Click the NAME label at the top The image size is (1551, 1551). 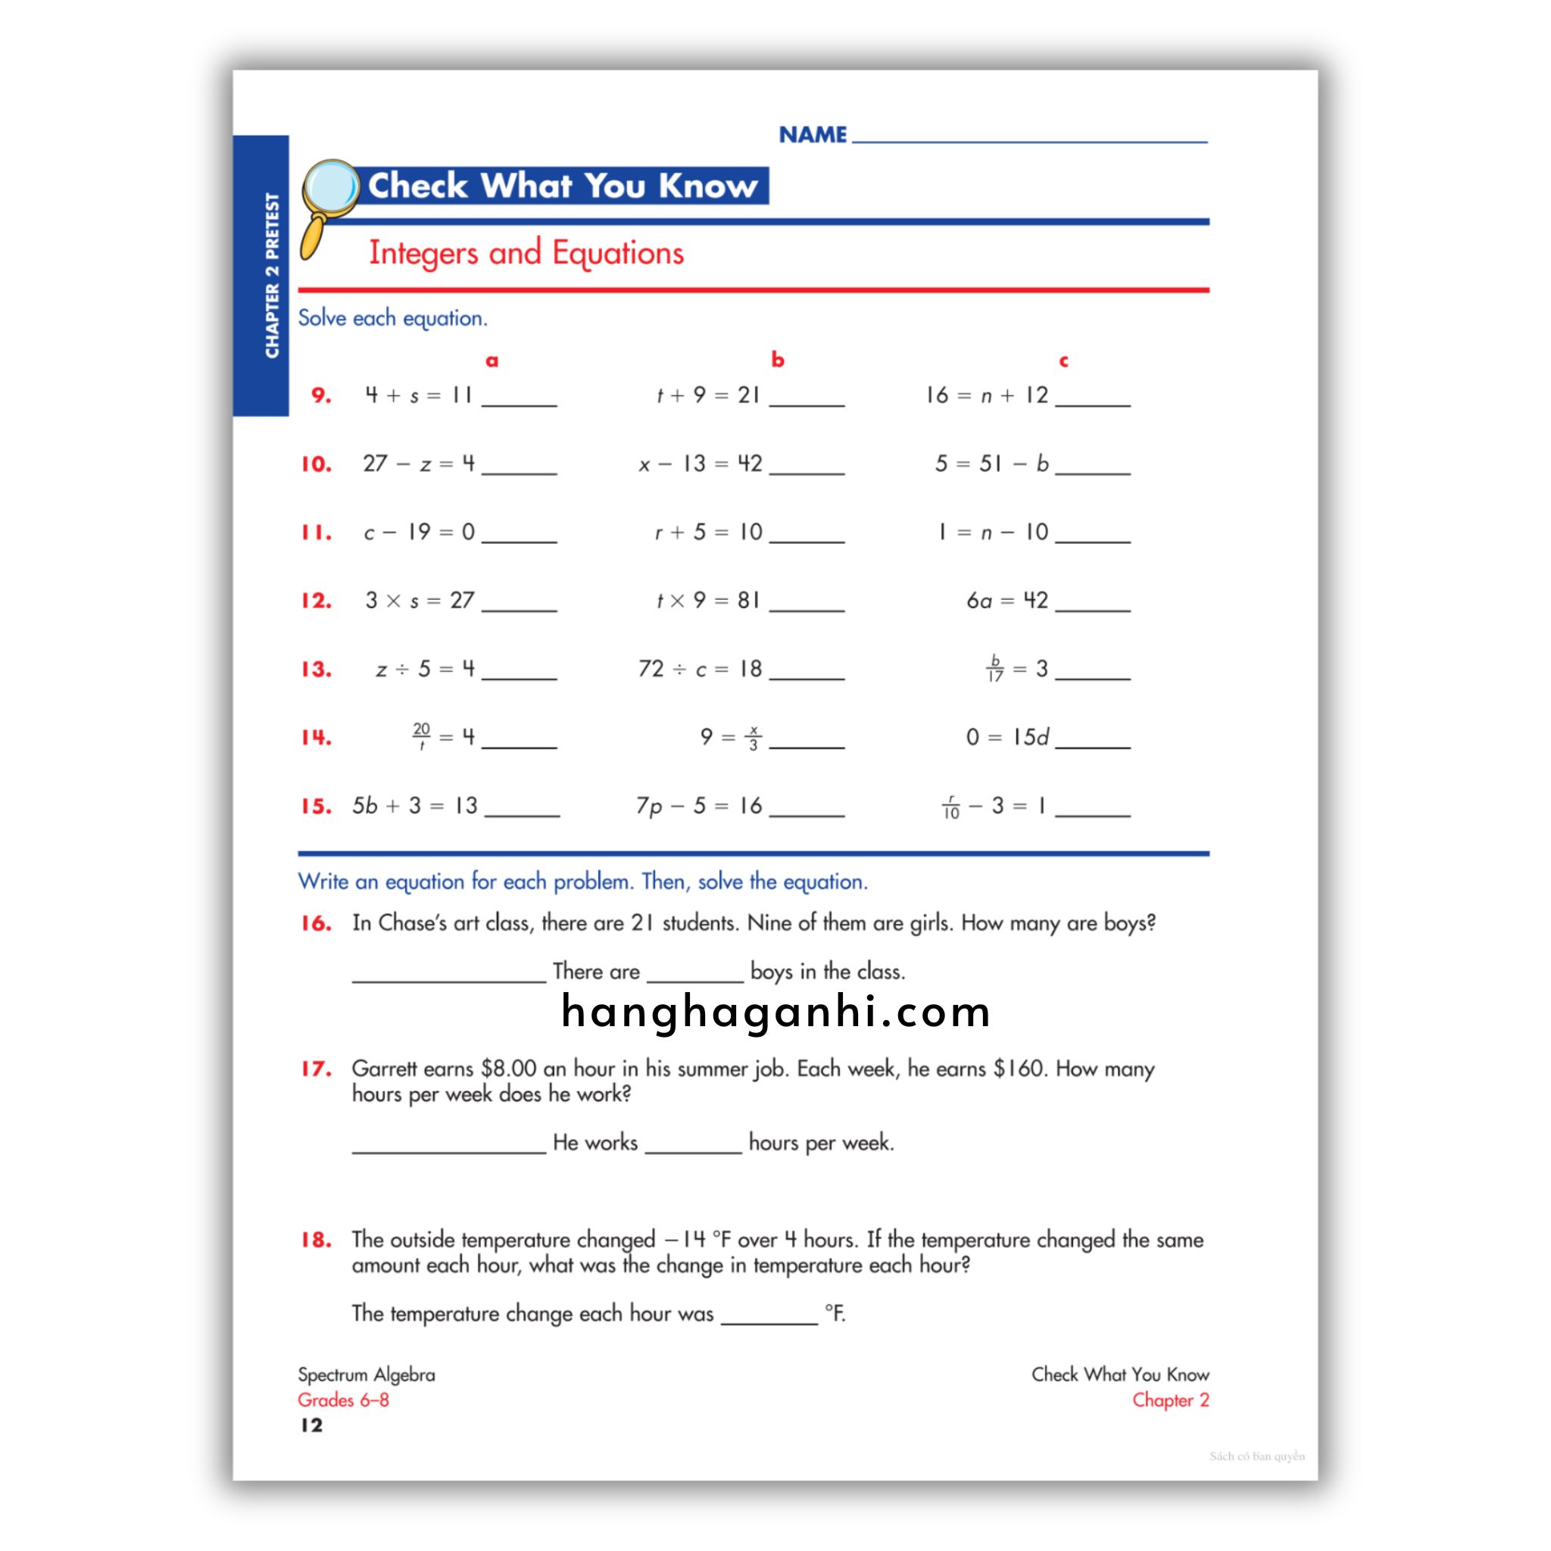pyautogui.click(x=813, y=135)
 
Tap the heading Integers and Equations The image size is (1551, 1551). pyautogui.click(x=526, y=253)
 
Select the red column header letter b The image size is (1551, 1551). pyautogui.click(x=777, y=360)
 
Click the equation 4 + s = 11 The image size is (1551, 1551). pyautogui.click(x=418, y=395)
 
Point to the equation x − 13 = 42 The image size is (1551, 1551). pyautogui.click(x=700, y=464)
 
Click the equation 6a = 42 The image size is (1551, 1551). pyautogui.click(x=1006, y=601)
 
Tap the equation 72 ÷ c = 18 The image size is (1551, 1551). pyautogui.click(x=700, y=669)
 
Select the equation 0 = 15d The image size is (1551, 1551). pyautogui.click(x=1006, y=737)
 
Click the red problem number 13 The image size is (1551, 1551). pyautogui.click(x=317, y=669)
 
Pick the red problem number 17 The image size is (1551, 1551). pyautogui.click(x=317, y=1069)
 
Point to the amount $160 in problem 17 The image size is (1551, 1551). pyautogui.click(x=1017, y=1069)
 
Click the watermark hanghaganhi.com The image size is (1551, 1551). pyautogui.click(x=775, y=1013)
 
